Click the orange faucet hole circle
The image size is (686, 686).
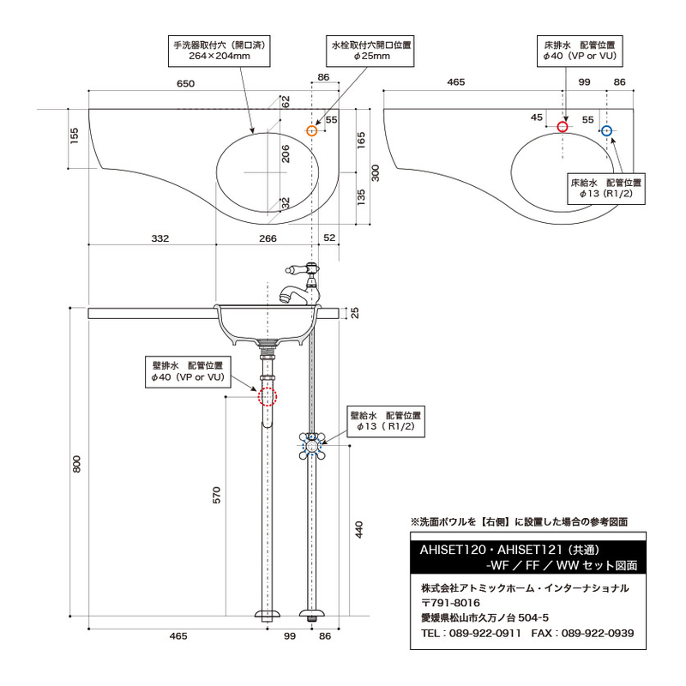(x=311, y=130)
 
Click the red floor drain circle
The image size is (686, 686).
(x=563, y=127)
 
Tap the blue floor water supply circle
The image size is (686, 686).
(x=606, y=130)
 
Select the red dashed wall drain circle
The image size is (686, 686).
(x=267, y=396)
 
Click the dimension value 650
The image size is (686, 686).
(x=186, y=84)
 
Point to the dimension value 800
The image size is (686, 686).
(x=76, y=464)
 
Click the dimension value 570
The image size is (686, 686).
(x=217, y=495)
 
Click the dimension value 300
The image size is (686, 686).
(x=374, y=172)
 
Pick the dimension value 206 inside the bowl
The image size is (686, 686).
(x=286, y=153)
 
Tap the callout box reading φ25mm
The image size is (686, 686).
(x=371, y=50)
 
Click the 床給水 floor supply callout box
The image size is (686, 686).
(x=605, y=188)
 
